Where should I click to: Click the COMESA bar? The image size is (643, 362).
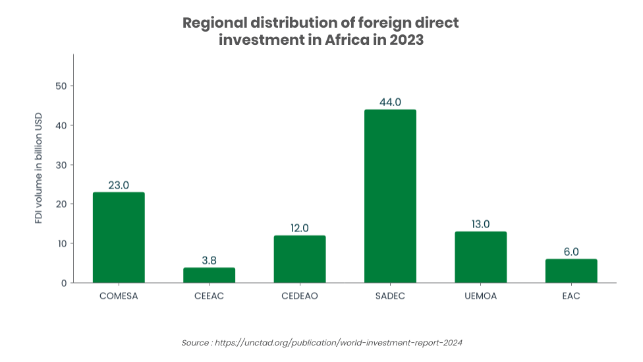pos(119,237)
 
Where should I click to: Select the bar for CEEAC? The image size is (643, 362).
pos(209,275)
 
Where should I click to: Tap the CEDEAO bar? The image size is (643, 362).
pos(300,259)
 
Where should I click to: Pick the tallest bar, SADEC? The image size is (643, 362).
pos(390,196)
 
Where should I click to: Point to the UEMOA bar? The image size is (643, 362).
pos(480,257)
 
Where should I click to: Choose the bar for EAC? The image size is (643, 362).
pos(571,271)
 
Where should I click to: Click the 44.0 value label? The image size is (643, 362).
pos(390,102)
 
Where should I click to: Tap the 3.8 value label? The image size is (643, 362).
pos(209,260)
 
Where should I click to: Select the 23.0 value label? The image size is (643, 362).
pos(119,185)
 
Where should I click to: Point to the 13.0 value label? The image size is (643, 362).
pos(480,224)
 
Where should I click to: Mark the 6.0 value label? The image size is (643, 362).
pos(571,252)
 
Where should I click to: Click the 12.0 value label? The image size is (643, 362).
pos(300,228)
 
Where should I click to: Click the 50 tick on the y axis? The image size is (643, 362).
pos(61,86)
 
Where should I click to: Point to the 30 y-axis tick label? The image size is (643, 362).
pos(61,165)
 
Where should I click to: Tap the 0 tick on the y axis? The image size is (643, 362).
pos(63,283)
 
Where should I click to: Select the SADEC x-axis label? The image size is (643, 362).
pos(390,296)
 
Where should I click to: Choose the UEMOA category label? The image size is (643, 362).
pos(480,296)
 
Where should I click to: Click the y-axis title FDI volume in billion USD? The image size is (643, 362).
pos(39,167)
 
